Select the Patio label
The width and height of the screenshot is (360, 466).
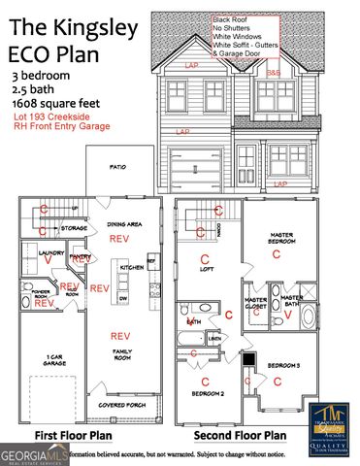[117, 167]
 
